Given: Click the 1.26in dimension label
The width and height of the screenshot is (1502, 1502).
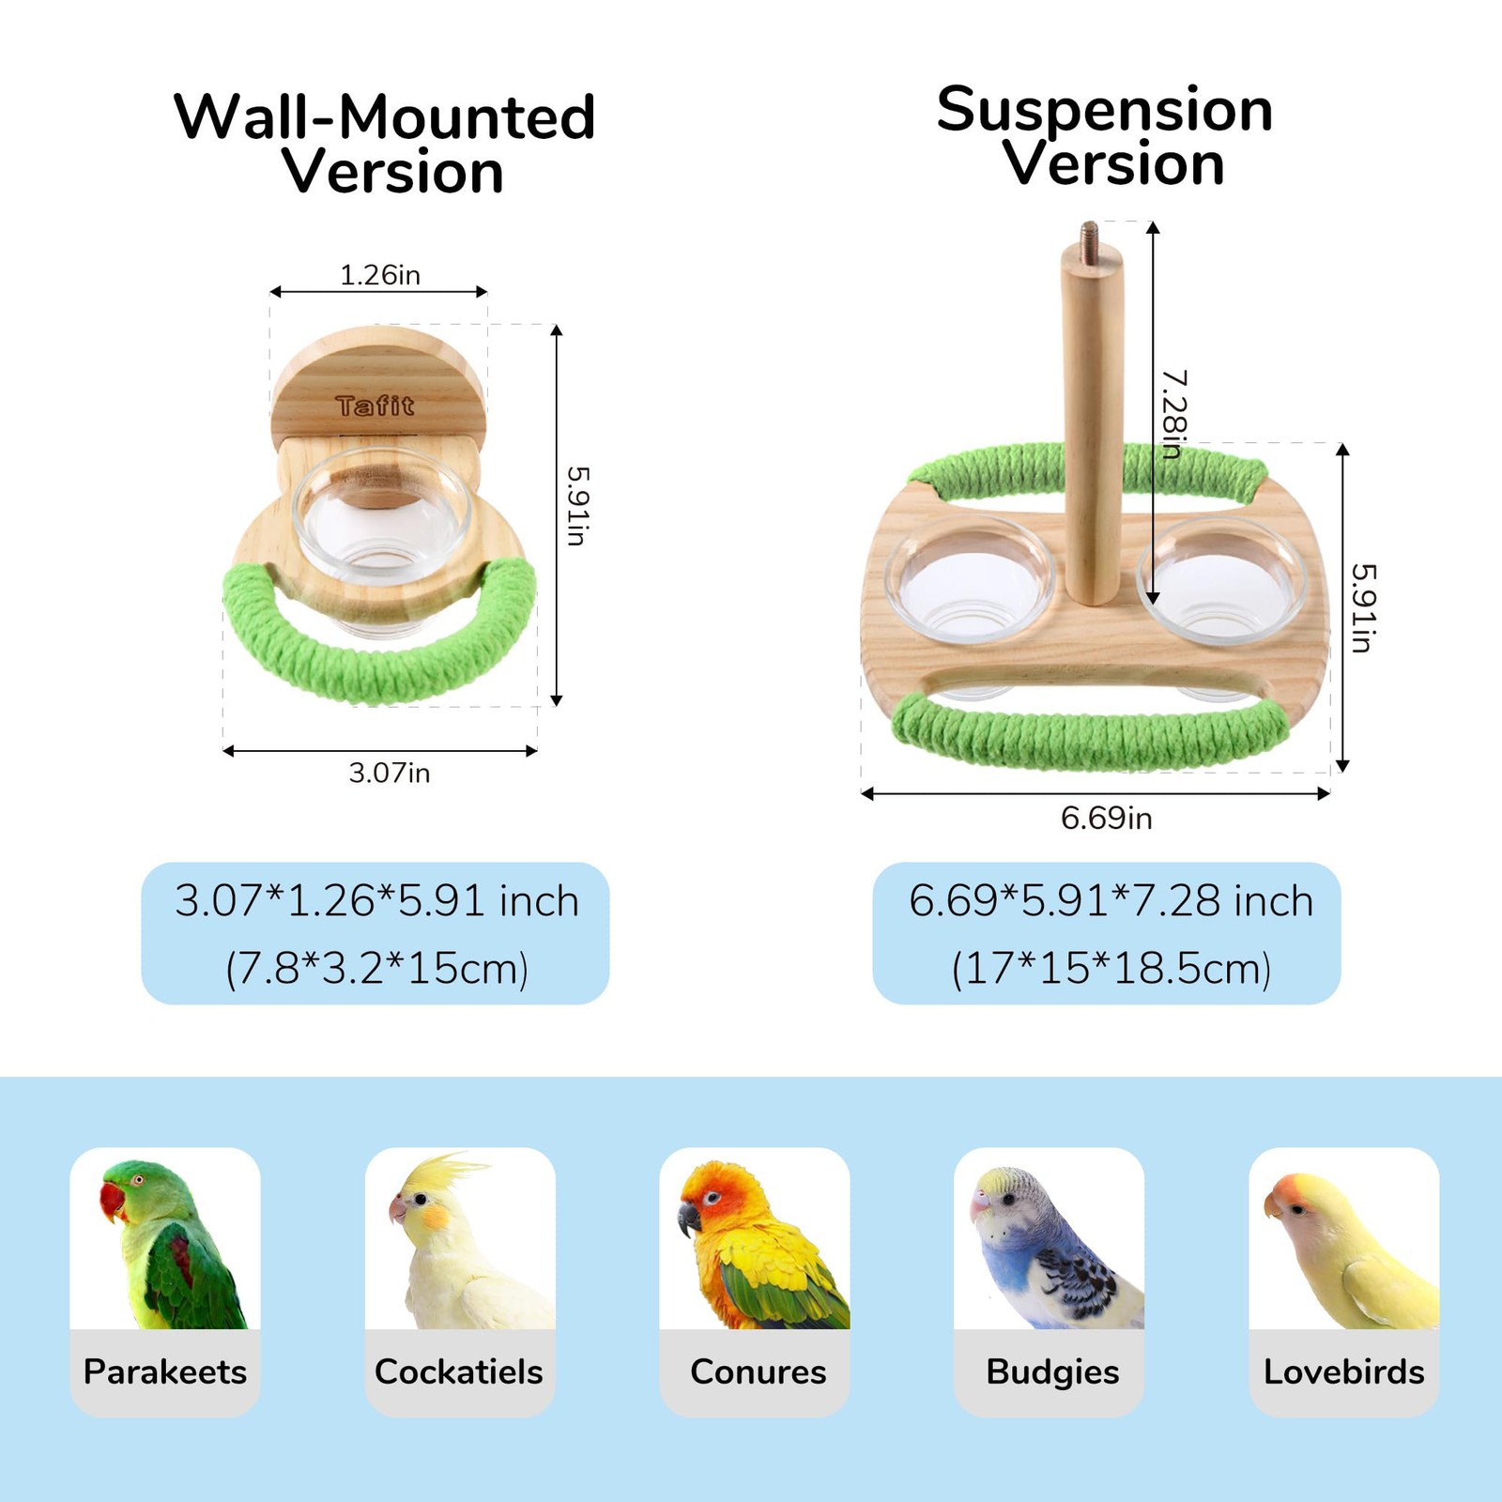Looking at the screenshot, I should [379, 275].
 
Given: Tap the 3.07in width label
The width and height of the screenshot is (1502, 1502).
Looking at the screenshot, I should [389, 773].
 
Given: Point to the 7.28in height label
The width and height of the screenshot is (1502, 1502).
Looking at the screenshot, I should [1174, 414].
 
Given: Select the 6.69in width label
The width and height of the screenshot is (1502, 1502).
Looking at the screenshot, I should [1106, 818].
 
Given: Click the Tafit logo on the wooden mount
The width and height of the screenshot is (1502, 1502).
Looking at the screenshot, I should [375, 406].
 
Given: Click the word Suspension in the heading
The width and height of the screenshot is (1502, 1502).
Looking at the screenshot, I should [1104, 110].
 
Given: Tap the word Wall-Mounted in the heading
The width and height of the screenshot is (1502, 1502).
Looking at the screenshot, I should [385, 117].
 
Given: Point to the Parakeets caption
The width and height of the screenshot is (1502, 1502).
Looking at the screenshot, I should [165, 1372].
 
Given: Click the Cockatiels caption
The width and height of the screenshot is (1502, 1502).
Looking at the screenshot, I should [459, 1372].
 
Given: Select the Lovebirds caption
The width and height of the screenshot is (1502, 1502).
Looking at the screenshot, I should [1343, 1372].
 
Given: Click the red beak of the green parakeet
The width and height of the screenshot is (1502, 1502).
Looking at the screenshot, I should [111, 1202].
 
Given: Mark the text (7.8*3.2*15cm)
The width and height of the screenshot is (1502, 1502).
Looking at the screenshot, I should [376, 968].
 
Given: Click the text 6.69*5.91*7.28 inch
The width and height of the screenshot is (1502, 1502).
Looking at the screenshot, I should [1111, 901].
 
